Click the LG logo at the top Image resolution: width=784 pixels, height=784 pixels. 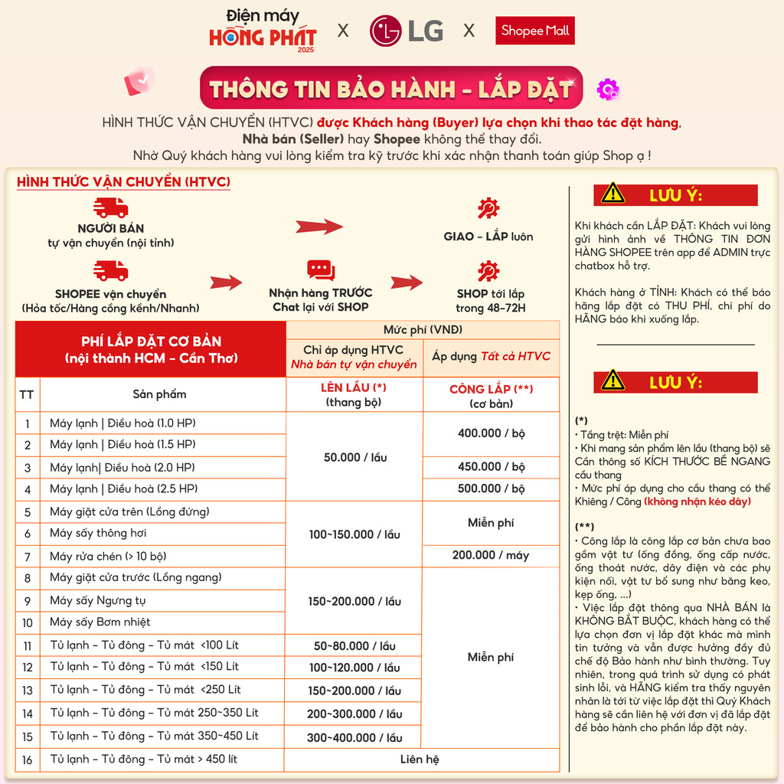click(407, 31)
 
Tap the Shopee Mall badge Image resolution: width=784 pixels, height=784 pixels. click(534, 31)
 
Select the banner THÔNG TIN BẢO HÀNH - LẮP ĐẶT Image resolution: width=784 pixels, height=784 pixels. click(390, 89)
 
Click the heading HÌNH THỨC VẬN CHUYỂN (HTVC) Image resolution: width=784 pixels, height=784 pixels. click(123, 181)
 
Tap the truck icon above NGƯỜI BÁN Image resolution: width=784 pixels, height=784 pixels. click(110, 207)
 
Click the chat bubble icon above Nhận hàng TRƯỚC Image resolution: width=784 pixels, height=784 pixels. click(321, 270)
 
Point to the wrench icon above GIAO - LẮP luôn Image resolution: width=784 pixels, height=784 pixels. click(488, 208)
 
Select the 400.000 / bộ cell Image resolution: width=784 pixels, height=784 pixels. click(492, 433)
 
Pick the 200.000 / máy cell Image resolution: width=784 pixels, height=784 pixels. click(491, 555)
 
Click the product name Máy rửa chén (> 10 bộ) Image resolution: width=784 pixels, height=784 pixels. click(108, 557)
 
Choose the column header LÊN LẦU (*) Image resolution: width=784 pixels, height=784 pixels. click(354, 394)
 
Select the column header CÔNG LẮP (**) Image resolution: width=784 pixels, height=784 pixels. click(491, 394)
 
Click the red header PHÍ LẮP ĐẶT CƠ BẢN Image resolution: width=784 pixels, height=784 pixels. click(151, 349)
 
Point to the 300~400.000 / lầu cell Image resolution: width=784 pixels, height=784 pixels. click(354, 737)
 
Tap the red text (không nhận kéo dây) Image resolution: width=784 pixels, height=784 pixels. click(697, 501)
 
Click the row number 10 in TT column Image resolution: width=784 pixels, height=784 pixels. click(28, 622)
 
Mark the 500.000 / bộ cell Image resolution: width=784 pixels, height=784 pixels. click(492, 488)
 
